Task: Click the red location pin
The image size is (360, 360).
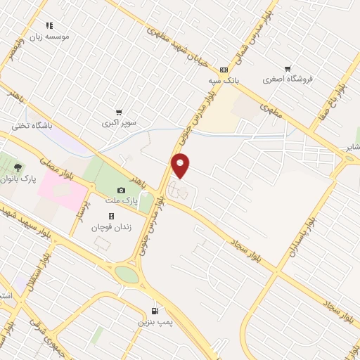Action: tap(181, 165)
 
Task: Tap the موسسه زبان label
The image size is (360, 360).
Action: tap(49, 36)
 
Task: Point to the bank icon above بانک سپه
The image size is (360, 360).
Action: tap(224, 70)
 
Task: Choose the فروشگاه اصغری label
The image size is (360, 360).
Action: tap(287, 79)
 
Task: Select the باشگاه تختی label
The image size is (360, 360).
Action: tap(27, 127)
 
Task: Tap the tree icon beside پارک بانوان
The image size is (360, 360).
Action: tap(17, 167)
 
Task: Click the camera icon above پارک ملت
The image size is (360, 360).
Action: tap(121, 190)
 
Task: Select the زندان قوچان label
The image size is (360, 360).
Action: tap(112, 226)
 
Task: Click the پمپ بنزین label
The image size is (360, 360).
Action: tap(155, 321)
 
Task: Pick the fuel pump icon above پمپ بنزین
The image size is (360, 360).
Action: tap(155, 311)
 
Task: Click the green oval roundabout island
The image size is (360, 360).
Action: tap(127, 274)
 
